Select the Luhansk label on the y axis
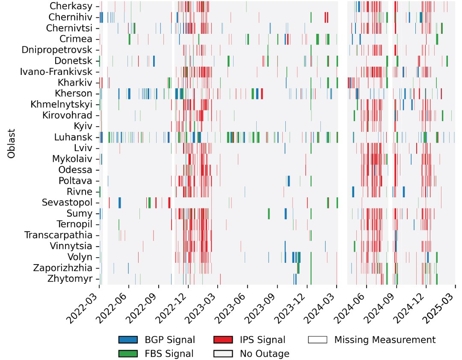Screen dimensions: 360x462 coord(73,137)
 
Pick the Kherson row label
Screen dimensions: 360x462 coord(74,93)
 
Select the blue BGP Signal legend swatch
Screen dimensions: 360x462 coord(128,340)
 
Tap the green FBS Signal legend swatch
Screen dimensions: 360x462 coord(128,354)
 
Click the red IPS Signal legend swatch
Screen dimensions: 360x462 coord(222,340)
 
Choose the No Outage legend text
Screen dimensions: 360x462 coord(264,354)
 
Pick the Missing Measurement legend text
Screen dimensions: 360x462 coord(385,340)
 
